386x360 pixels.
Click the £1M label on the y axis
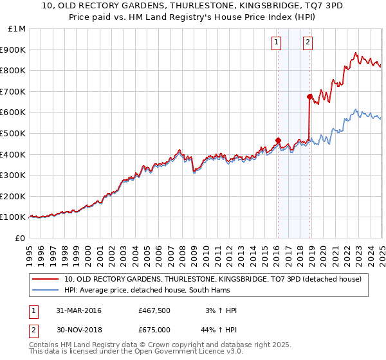16,29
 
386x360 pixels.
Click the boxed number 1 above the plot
276,43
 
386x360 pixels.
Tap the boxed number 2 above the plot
308,43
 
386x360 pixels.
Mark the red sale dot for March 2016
278,140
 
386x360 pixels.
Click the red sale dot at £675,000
309,96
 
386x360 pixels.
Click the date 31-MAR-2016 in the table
79,310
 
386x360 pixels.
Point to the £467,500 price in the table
154,310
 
